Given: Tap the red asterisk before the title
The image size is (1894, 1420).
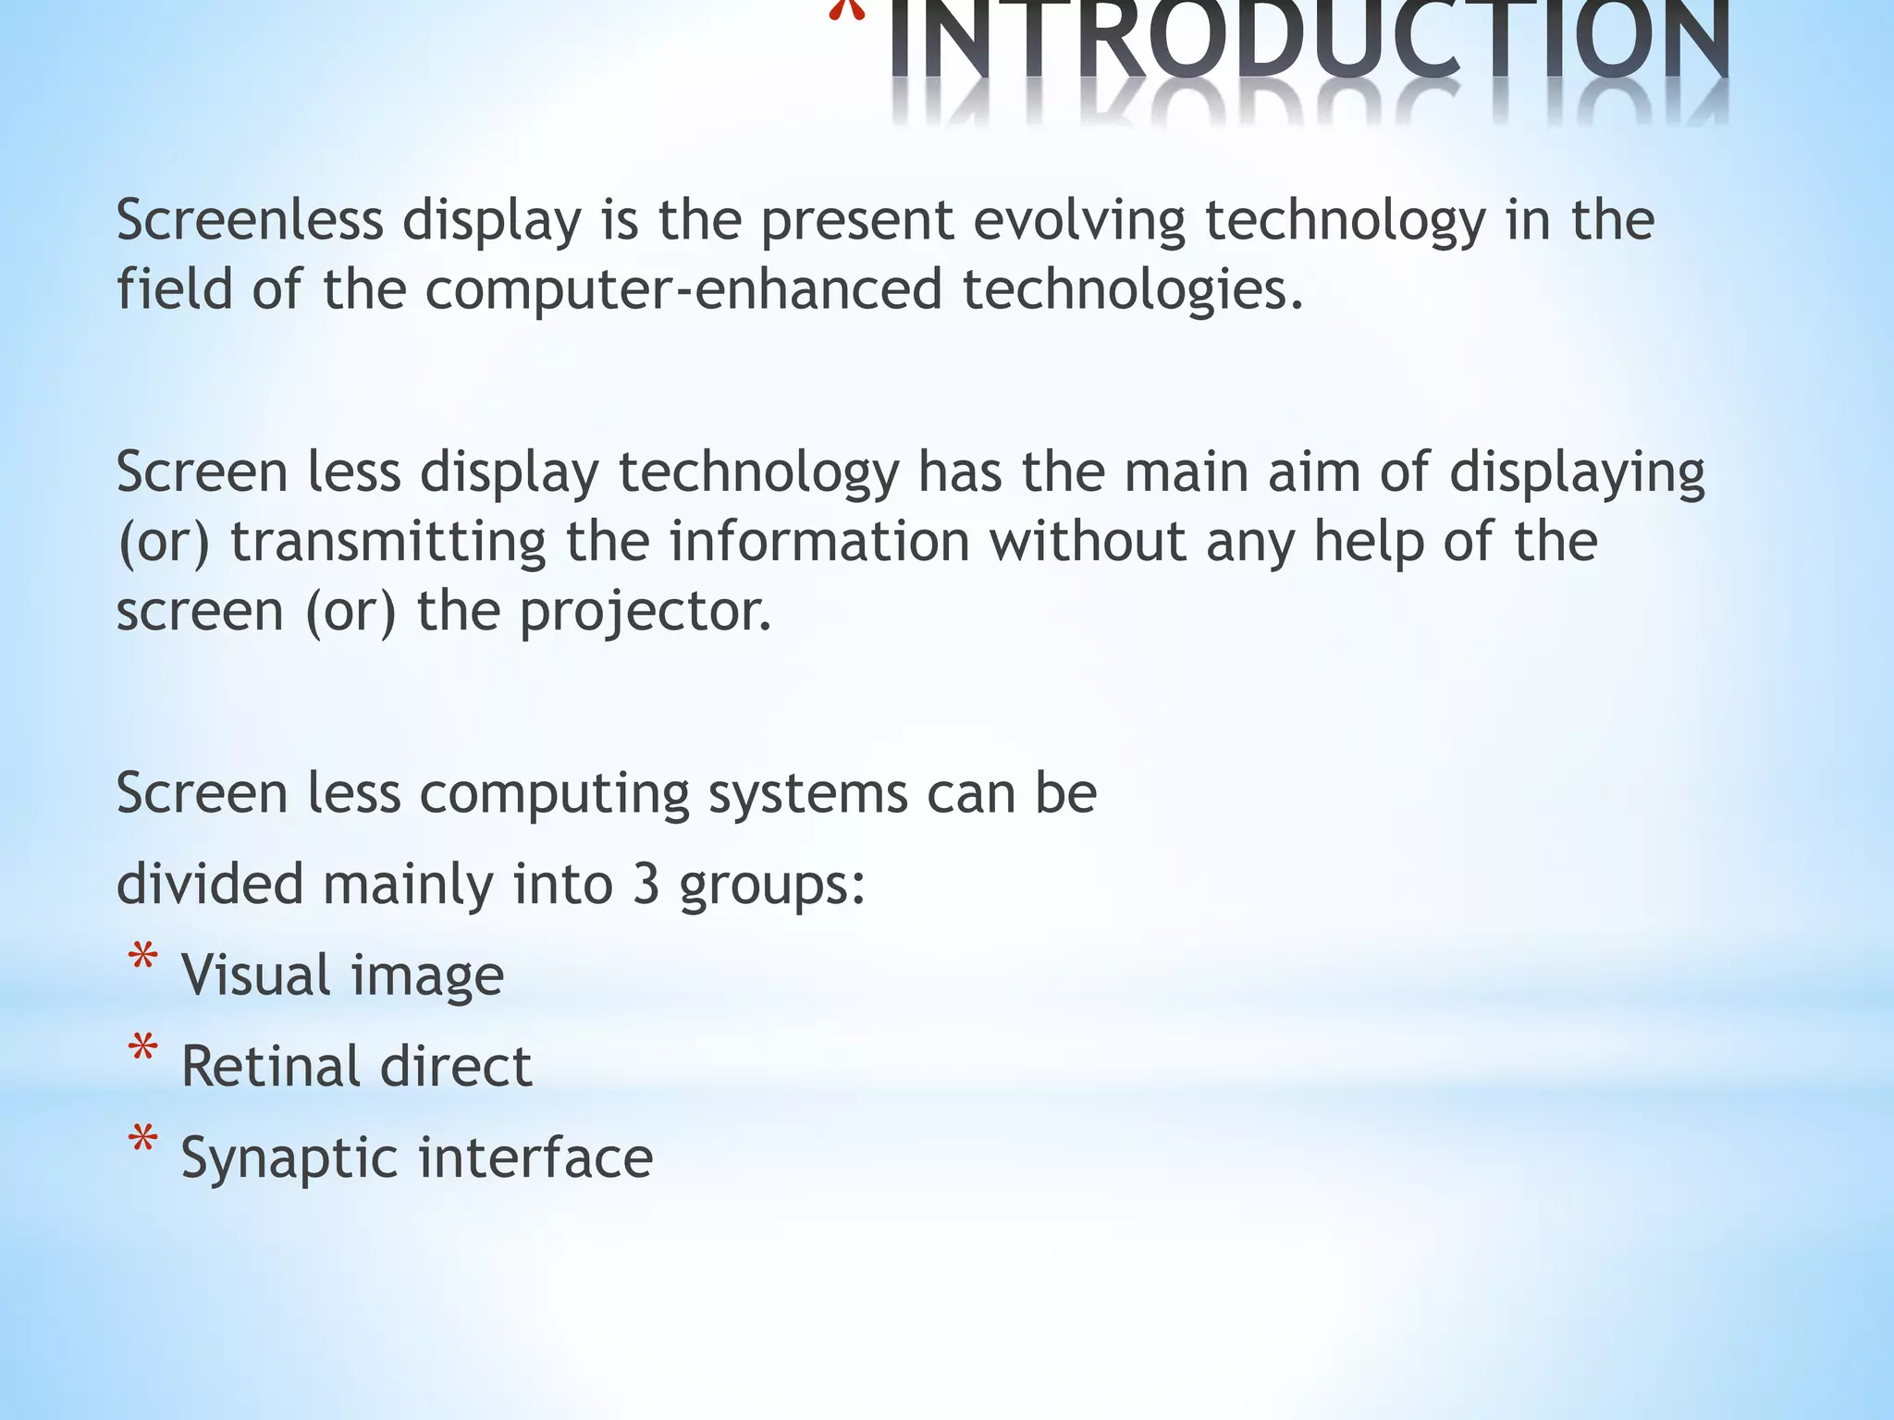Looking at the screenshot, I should point(846,11).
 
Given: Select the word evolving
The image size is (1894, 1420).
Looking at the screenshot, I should point(1079,221).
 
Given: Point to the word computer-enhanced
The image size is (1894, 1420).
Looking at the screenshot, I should point(683,290).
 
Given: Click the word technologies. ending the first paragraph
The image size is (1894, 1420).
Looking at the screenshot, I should point(1132,290).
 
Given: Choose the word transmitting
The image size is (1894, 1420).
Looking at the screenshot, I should point(387,542).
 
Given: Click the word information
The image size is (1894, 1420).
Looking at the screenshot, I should point(819,542).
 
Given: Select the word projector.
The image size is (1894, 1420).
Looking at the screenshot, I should point(645,612).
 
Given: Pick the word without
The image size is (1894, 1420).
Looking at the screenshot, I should point(1088,542).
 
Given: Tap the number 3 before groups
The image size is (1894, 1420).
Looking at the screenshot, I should point(646,885).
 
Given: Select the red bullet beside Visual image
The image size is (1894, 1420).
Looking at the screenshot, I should point(142,959).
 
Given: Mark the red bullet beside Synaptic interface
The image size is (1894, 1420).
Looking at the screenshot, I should point(142,1141).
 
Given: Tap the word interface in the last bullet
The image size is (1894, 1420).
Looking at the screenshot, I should point(536,1157).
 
